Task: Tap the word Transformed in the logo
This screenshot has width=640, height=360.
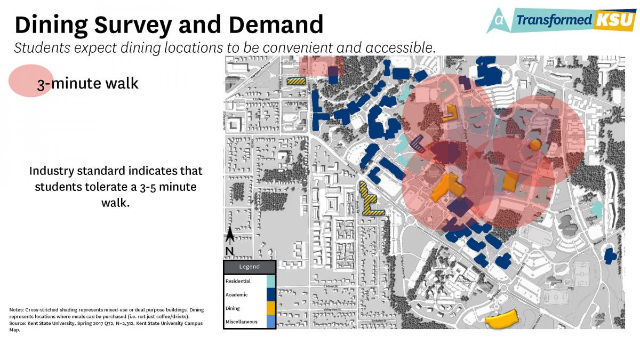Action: click(x=554, y=20)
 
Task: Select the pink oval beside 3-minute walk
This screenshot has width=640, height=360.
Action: click(x=29, y=81)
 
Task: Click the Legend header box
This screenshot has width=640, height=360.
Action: click(x=249, y=267)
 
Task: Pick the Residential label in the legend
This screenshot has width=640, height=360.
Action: click(x=238, y=281)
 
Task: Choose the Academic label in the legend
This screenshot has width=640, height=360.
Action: click(x=236, y=294)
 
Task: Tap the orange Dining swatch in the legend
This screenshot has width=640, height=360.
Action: click(x=270, y=308)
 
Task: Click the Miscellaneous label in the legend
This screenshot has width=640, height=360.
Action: click(x=242, y=322)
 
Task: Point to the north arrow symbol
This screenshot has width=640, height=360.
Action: click(x=230, y=235)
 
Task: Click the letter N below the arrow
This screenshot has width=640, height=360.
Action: click(x=229, y=251)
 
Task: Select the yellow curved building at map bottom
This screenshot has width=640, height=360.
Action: click(x=501, y=319)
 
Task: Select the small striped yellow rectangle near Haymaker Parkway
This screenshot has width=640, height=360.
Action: click(x=296, y=82)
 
